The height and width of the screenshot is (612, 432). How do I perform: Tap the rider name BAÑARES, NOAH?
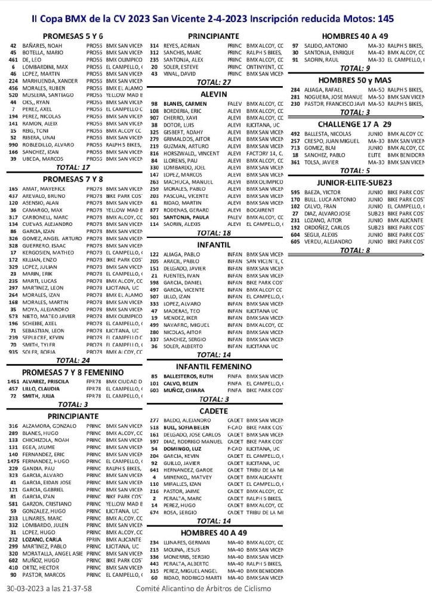coord(45,45)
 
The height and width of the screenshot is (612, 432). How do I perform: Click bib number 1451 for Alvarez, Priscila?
coord(13,381)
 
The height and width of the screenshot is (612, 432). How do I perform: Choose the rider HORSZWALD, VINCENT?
coord(188,154)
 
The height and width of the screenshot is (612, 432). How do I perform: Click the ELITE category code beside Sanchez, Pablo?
coord(375,154)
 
